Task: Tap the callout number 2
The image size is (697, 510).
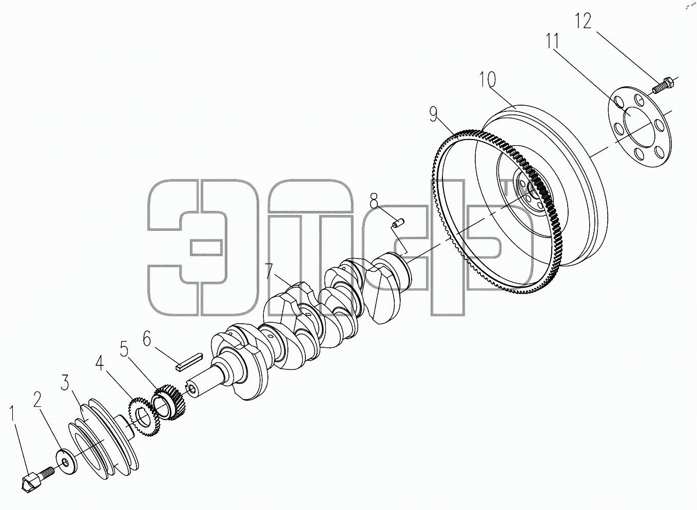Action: pos(37,400)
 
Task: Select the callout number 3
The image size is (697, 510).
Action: pos(65,382)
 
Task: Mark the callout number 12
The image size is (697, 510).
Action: pos(583,21)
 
